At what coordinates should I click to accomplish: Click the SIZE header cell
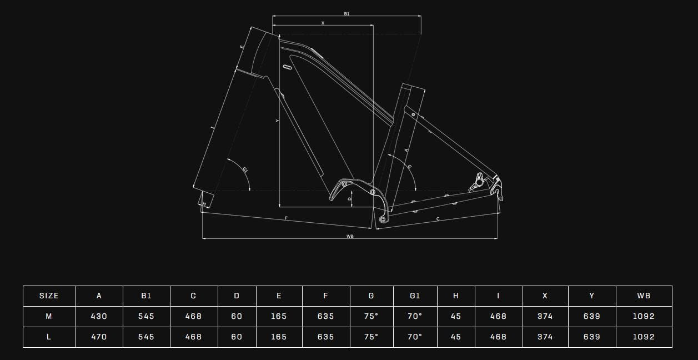pyautogui.click(x=49, y=296)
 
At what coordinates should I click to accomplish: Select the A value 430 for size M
pyautogui.click(x=99, y=316)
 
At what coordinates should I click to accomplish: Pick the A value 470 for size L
pyautogui.click(x=99, y=337)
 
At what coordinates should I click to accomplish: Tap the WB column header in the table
pyautogui.click(x=644, y=296)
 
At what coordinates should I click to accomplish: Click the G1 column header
pyautogui.click(x=415, y=296)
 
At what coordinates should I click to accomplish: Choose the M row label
pyautogui.click(x=49, y=316)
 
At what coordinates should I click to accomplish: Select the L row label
pyautogui.click(x=49, y=337)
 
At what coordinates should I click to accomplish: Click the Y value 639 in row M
pyautogui.click(x=592, y=316)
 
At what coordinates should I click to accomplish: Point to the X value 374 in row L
pyautogui.click(x=545, y=337)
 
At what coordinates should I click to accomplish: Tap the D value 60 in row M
pyautogui.click(x=237, y=316)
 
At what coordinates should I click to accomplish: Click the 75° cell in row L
pyautogui.click(x=371, y=337)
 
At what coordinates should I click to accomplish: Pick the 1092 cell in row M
pyautogui.click(x=644, y=316)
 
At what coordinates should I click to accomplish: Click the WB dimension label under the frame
pyautogui.click(x=350, y=236)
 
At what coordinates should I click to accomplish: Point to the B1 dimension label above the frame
pyautogui.click(x=347, y=14)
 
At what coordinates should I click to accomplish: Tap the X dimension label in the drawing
pyautogui.click(x=323, y=23)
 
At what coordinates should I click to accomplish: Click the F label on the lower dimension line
pyautogui.click(x=286, y=218)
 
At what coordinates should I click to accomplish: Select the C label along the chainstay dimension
pyautogui.click(x=438, y=219)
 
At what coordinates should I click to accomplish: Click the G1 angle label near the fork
pyautogui.click(x=245, y=170)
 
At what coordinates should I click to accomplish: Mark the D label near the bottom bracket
pyautogui.click(x=350, y=198)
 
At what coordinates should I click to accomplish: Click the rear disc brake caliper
pyautogui.click(x=477, y=182)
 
